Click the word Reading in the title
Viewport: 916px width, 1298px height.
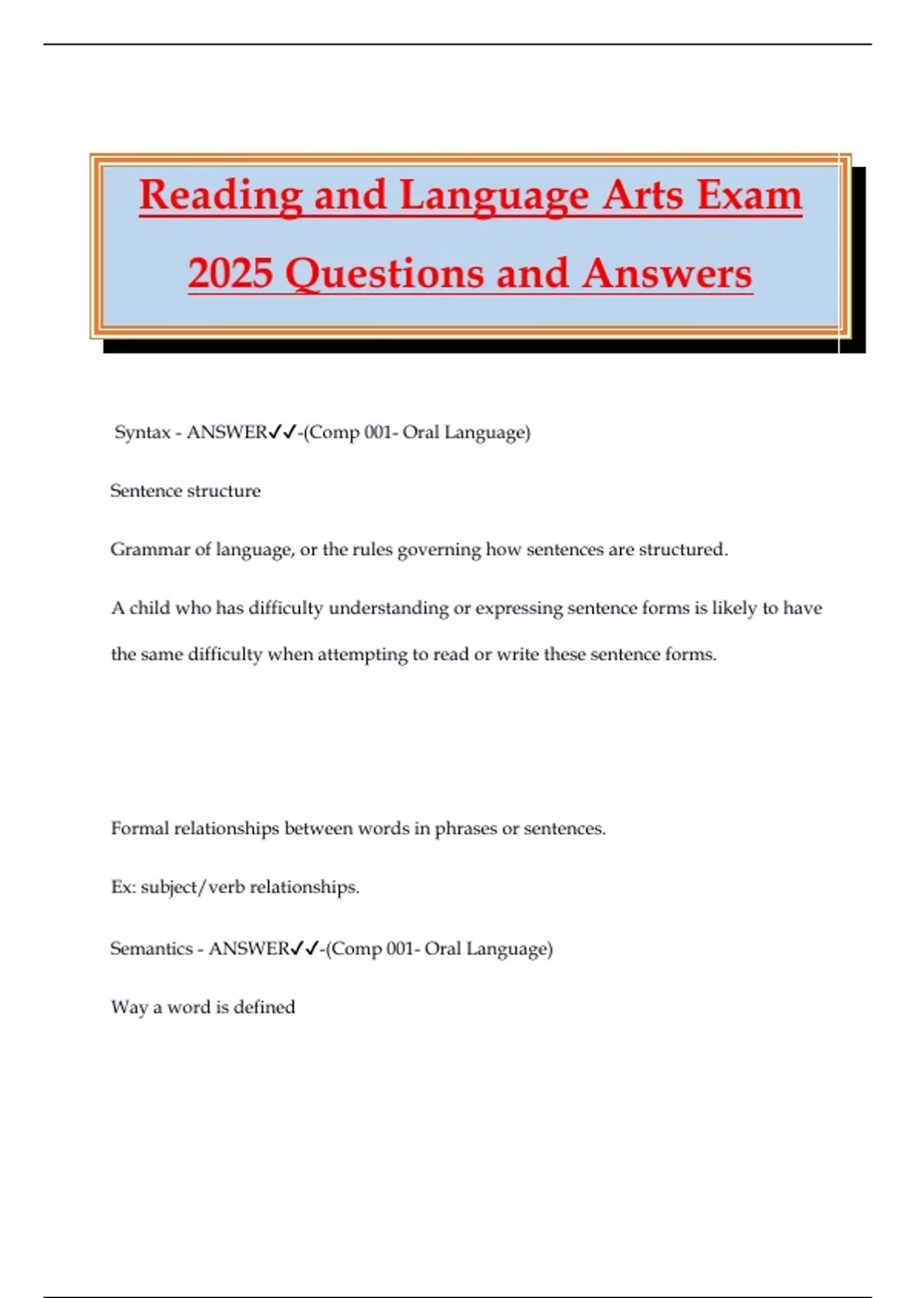[221, 195]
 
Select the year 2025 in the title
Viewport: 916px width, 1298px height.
[231, 273]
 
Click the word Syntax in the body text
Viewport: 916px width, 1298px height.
[142, 433]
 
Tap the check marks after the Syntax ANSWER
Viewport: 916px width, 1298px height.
[282, 432]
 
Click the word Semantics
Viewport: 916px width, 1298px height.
[151, 949]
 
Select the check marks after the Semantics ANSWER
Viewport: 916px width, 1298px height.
[305, 948]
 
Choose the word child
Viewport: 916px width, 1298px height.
[150, 609]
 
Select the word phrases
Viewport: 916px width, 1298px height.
[465, 829]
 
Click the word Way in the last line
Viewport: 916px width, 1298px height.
[128, 1008]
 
